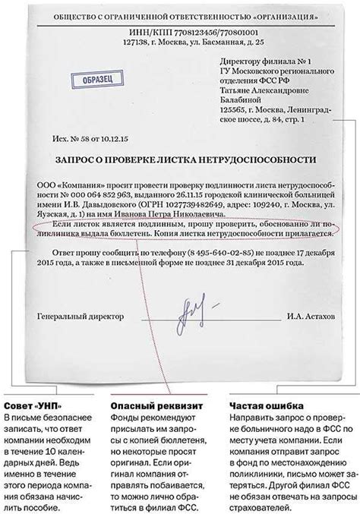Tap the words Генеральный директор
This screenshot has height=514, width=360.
72,317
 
